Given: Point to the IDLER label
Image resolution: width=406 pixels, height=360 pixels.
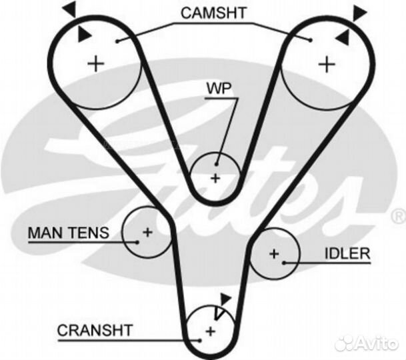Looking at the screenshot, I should (x=346, y=254).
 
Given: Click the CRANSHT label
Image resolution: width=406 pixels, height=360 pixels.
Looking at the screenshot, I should (x=95, y=329).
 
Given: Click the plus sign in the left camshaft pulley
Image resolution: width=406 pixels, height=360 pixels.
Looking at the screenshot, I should (x=97, y=63).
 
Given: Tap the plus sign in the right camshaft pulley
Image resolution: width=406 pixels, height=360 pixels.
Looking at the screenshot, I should (x=326, y=64).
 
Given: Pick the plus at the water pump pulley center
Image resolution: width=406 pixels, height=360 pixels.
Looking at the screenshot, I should (x=215, y=178).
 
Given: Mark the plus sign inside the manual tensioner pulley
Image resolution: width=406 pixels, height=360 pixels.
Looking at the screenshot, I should (x=147, y=233).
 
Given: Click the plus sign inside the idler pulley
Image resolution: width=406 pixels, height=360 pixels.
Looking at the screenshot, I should (x=274, y=253).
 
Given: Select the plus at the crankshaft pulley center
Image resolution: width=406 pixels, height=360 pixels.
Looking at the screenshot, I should (x=210, y=331).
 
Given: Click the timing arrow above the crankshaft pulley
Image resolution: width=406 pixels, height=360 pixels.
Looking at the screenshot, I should (x=225, y=300).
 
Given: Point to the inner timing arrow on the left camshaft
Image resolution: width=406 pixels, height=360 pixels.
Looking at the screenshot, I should (x=84, y=33).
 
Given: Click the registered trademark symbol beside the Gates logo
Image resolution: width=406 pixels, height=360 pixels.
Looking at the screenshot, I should (x=398, y=217).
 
